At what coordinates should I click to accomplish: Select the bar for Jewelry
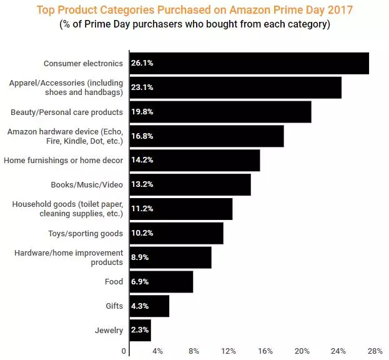pos(140,330)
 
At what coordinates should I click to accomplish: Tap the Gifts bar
pos(149,306)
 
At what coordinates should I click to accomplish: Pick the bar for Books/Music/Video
pos(190,184)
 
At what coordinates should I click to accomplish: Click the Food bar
pos(161,281)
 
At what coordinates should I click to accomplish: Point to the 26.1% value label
pos(142,64)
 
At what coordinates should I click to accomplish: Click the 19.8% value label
pos(142,112)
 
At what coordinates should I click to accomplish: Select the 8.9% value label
pos(140,257)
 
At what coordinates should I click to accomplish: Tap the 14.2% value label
pos(142,160)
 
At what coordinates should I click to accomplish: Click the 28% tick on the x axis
pos(375,351)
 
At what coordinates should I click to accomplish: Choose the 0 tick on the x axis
pos(124,351)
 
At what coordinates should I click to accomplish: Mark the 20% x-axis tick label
pos(302,351)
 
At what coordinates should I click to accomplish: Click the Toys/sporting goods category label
pos(86,233)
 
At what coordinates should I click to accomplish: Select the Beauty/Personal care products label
pos(67,112)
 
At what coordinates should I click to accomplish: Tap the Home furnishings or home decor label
pos(63,161)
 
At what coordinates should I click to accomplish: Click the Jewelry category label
pos(109,330)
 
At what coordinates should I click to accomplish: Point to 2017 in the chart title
pos(340,10)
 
